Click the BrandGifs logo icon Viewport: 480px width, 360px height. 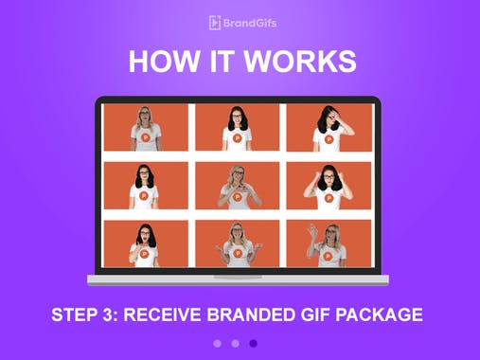click(215, 23)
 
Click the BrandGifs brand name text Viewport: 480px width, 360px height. click(248, 23)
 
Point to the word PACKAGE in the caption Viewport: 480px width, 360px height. click(385, 315)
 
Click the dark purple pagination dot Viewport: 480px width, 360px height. click(254, 344)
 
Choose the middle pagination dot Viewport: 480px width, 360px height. click(235, 344)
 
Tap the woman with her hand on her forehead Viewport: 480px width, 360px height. click(329, 128)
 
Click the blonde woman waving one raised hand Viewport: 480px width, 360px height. click(329, 243)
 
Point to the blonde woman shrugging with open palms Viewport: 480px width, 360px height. click(237, 243)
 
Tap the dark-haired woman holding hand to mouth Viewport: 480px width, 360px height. click(145, 243)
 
